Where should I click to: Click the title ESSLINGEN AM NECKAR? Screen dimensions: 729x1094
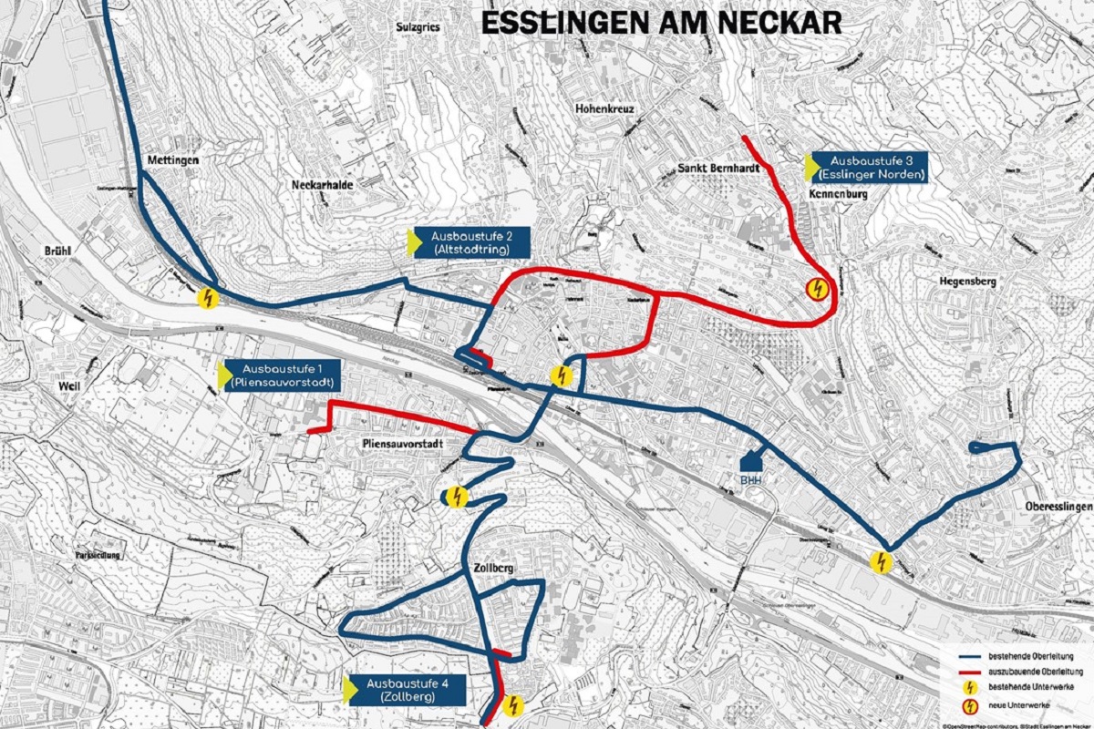660,23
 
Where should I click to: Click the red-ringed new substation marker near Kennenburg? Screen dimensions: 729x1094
818,290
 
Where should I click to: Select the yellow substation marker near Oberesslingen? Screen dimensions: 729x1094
880,562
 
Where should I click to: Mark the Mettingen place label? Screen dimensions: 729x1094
171,160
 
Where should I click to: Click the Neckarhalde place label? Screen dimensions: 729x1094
322,184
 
